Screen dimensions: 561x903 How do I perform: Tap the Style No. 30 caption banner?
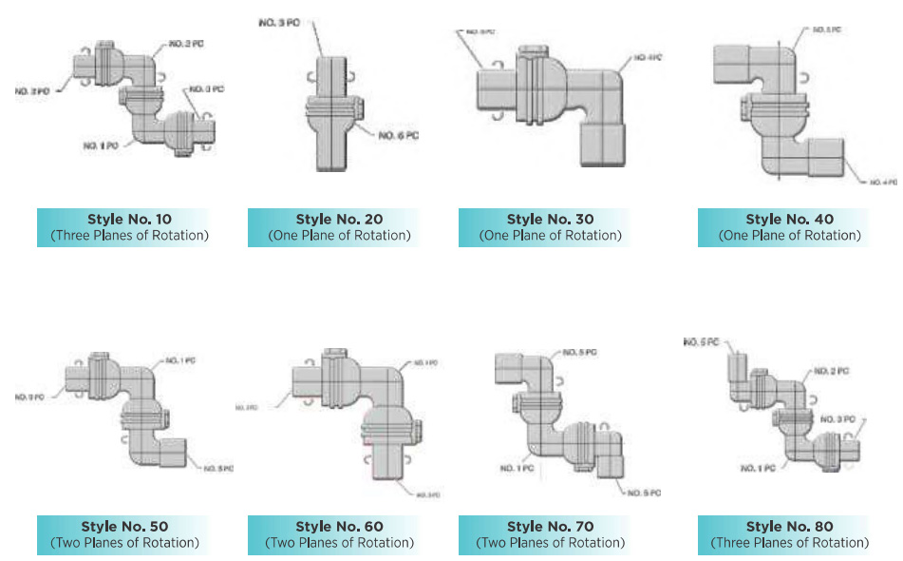pyautogui.click(x=542, y=227)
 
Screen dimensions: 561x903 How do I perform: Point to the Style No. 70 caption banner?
pyautogui.click(x=542, y=534)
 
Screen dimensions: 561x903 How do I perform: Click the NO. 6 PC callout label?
pyautogui.click(x=398, y=136)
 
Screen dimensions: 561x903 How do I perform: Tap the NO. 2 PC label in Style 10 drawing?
pyautogui.click(x=186, y=46)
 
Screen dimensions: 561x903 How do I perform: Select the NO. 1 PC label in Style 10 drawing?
pyautogui.click(x=100, y=145)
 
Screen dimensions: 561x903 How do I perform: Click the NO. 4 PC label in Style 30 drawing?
pyautogui.click(x=649, y=58)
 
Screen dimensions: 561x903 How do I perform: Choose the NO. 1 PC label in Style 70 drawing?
pyautogui.click(x=514, y=469)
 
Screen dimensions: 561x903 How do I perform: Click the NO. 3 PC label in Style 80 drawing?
pyautogui.click(x=838, y=419)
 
